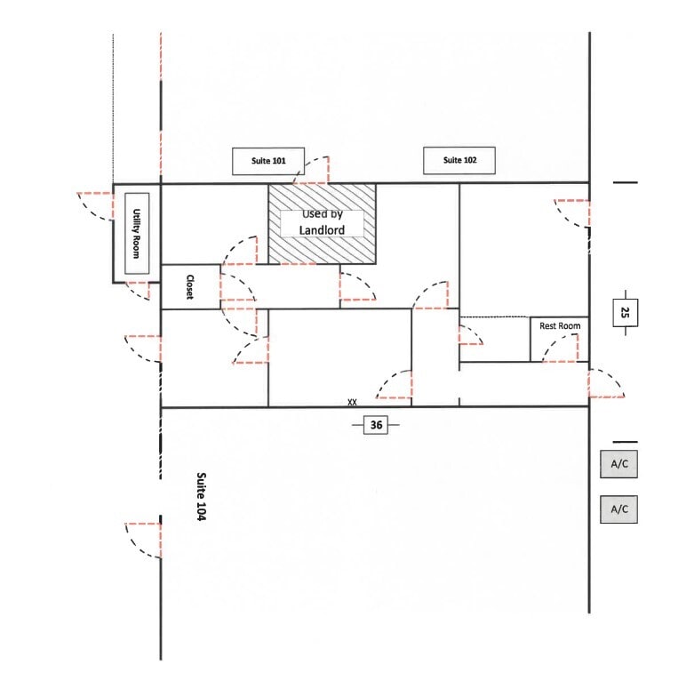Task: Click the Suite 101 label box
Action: (268, 161)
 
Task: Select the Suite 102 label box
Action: (458, 160)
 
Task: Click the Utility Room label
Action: (137, 233)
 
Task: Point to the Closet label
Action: (189, 286)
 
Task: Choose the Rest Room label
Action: (559, 326)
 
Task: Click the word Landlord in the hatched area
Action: (322, 230)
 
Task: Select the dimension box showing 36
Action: (376, 426)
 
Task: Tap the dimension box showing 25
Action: (625, 312)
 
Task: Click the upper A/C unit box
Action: (618, 463)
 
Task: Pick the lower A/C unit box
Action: (618, 509)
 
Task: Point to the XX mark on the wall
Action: (352, 403)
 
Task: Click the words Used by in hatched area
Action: (321, 214)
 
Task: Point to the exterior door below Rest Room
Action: (606, 383)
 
